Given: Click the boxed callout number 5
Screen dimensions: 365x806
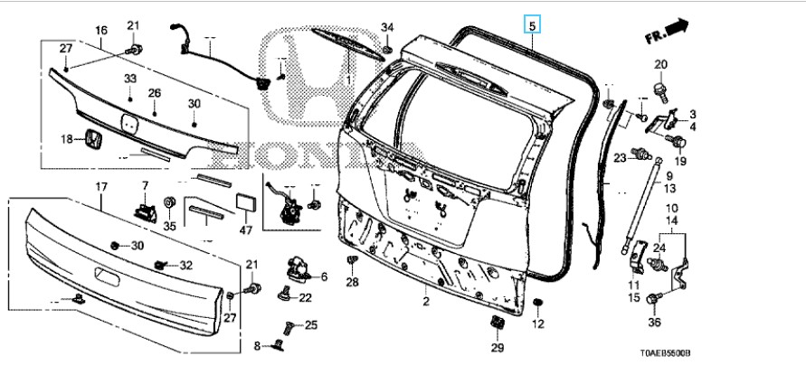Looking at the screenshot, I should coord(533,25).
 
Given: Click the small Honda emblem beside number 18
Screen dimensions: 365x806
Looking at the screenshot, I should coord(93,139).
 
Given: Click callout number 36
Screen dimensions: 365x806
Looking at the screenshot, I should coord(655,323).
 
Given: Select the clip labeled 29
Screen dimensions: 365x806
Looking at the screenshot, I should coord(497,323).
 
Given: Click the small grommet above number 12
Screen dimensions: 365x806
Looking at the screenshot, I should coord(536,302).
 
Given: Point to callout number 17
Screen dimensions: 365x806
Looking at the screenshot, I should coord(101,187).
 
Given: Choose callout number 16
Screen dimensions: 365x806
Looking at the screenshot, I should coord(101,31).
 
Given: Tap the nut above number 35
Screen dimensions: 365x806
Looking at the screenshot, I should coord(168,201).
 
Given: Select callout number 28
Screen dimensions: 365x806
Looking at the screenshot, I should coord(352,283).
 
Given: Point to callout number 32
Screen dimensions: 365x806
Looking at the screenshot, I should coord(186,265).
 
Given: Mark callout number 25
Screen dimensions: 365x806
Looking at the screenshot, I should coord(310,325).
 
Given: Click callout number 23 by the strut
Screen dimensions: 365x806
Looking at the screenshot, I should coord(620,158).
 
